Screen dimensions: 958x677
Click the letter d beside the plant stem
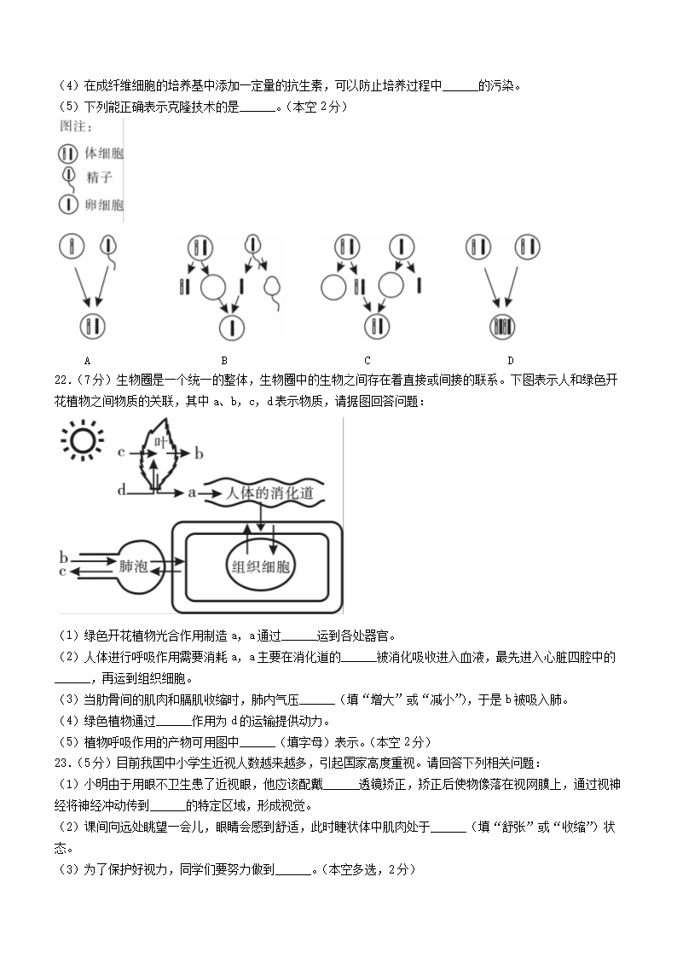coord(121,490)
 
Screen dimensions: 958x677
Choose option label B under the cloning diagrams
coord(224,361)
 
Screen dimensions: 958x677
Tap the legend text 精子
coord(100,178)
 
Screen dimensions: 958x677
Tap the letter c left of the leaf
coord(121,450)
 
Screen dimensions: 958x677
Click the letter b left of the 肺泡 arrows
coord(63,558)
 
